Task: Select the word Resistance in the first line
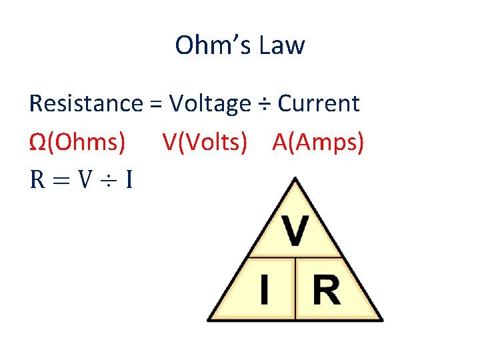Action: coord(86,103)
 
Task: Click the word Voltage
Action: coord(209,104)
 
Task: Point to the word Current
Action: coord(318,103)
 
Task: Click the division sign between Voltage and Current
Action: coord(264,105)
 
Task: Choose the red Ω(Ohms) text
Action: coord(77,141)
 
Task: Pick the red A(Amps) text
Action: coord(318,141)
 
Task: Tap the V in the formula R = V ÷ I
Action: coord(84,179)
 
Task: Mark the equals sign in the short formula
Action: coord(61,180)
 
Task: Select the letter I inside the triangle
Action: coord(265,291)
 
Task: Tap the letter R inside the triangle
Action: coord(325,291)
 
